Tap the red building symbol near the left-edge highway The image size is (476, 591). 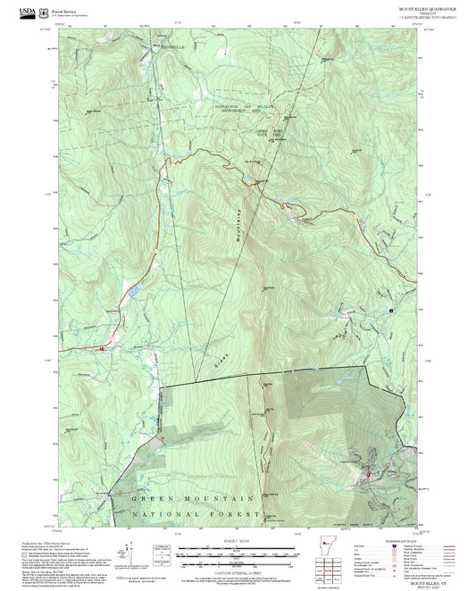[x=103, y=348]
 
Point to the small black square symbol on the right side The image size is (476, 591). [x=391, y=310]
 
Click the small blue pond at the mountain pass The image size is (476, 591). [x=246, y=181]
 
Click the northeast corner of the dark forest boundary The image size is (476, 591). [x=366, y=366]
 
